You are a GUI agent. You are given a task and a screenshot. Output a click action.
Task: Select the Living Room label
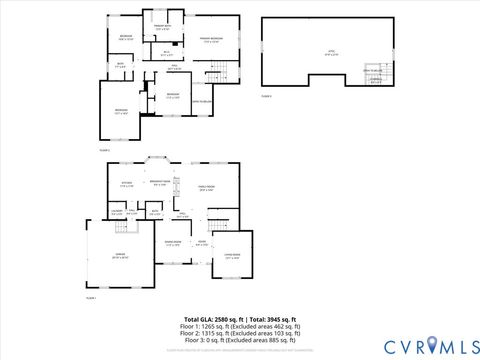point(232,257)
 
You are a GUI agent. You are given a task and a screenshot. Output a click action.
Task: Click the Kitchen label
point(127,184)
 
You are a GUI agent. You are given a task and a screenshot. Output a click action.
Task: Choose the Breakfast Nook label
point(159,182)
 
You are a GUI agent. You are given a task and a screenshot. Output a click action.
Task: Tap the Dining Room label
point(172,243)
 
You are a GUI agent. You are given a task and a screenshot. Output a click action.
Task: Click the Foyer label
point(201,243)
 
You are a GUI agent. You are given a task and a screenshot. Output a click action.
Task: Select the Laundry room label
point(117,212)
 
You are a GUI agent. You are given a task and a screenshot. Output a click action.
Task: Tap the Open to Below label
point(206,101)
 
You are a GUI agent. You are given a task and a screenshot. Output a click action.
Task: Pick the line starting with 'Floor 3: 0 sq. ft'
point(240,340)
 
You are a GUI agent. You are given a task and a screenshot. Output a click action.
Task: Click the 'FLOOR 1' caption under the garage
point(91,298)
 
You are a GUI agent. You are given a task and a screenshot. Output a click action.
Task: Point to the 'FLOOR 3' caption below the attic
point(267,95)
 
